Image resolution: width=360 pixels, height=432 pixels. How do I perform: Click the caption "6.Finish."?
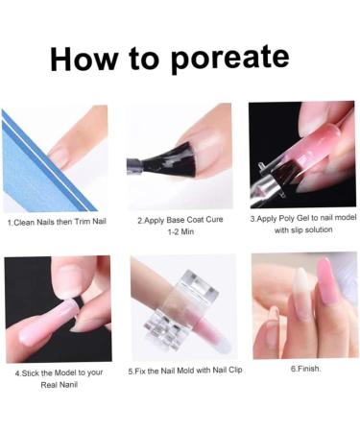[305, 368]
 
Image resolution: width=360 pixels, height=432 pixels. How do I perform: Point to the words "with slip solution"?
[303, 230]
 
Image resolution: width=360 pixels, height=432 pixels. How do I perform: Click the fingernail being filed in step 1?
[60, 152]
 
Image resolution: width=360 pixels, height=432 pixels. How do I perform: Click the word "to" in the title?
[147, 59]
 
